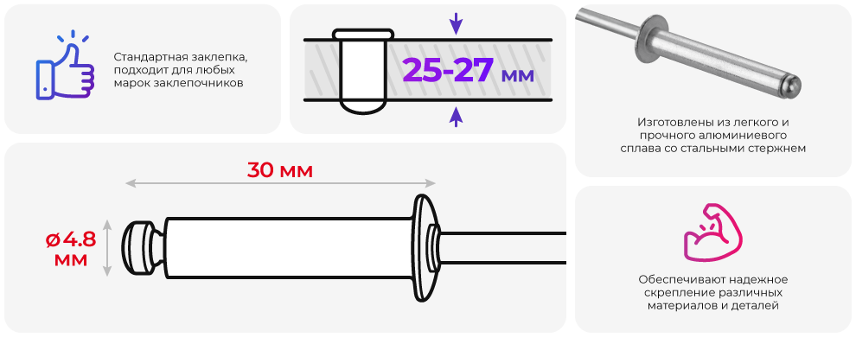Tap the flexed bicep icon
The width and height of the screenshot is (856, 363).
click(712, 232)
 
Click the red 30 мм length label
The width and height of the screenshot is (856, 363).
click(280, 169)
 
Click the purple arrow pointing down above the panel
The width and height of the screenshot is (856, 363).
click(456, 23)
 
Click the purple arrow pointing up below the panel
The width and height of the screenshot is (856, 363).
click(456, 117)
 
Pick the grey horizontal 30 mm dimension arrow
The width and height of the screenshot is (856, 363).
click(281, 183)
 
